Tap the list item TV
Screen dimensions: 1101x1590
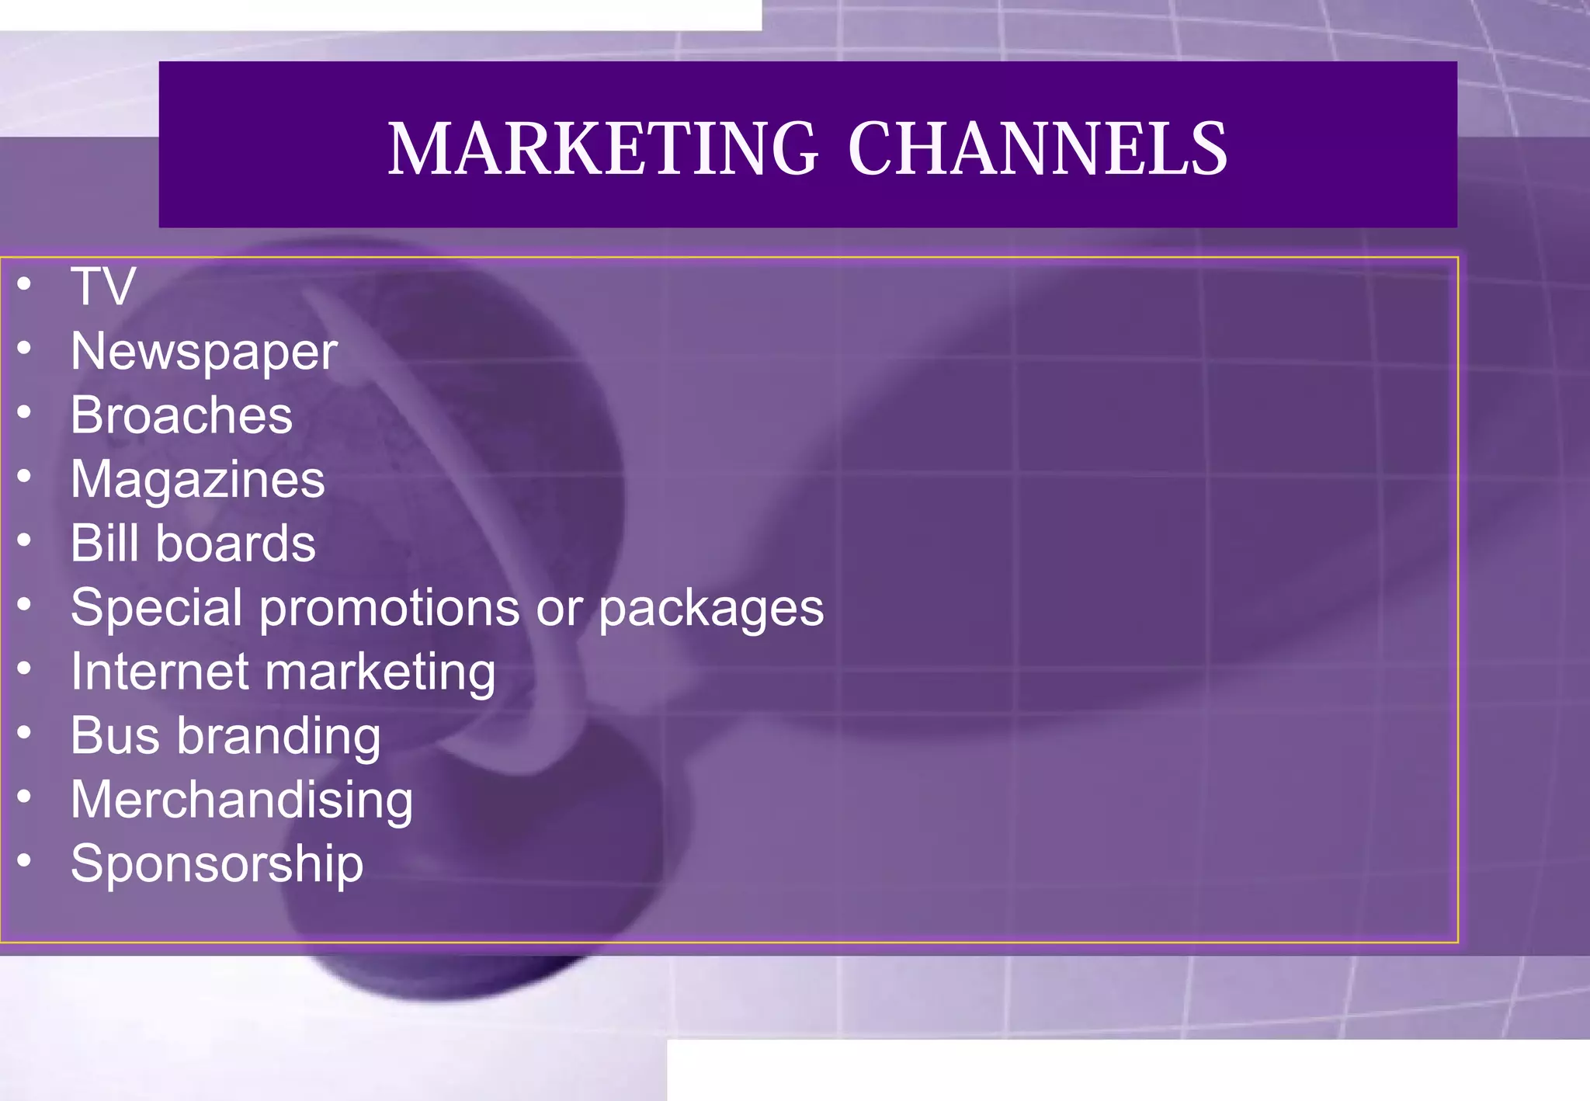(103, 287)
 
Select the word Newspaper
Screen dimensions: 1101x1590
(204, 352)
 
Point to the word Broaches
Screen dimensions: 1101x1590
(182, 415)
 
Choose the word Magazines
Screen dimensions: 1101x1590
(198, 480)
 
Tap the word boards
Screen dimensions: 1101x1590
(236, 543)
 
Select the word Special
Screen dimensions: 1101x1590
(157, 607)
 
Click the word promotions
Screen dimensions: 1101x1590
(389, 607)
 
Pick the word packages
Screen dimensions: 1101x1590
(711, 609)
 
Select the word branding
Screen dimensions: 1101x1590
(279, 736)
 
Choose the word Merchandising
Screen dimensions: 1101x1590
(242, 800)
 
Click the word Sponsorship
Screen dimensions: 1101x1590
(217, 864)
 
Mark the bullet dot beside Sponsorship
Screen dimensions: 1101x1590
(25, 860)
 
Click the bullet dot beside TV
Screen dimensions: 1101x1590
(25, 283)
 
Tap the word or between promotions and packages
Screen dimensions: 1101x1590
(559, 609)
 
